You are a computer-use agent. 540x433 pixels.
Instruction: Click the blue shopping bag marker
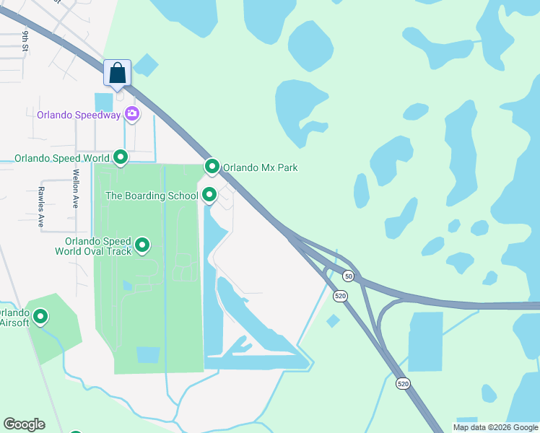tap(118, 74)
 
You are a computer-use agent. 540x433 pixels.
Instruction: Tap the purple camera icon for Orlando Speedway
tap(132, 113)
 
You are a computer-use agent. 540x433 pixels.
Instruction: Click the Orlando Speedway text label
tap(80, 114)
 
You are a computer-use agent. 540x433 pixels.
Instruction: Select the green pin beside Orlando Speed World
tap(121, 157)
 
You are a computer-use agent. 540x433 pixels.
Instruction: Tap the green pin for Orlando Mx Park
tap(212, 167)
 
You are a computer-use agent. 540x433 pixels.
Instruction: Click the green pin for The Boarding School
tap(209, 195)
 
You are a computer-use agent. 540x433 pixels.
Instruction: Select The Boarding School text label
tap(152, 196)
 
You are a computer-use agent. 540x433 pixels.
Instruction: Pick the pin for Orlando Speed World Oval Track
tap(142, 246)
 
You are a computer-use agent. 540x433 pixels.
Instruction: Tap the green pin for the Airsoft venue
tap(41, 316)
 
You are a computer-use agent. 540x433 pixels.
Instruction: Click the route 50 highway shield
tap(349, 276)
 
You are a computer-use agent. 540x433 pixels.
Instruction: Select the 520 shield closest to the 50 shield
tap(339, 295)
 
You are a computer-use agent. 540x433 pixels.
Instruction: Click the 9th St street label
tap(25, 41)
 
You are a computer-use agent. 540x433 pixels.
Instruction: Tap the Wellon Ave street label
tap(75, 188)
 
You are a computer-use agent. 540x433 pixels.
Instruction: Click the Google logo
tap(24, 424)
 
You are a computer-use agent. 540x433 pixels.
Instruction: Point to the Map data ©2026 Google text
tap(495, 427)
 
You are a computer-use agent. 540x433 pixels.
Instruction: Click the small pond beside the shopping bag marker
tap(145, 66)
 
